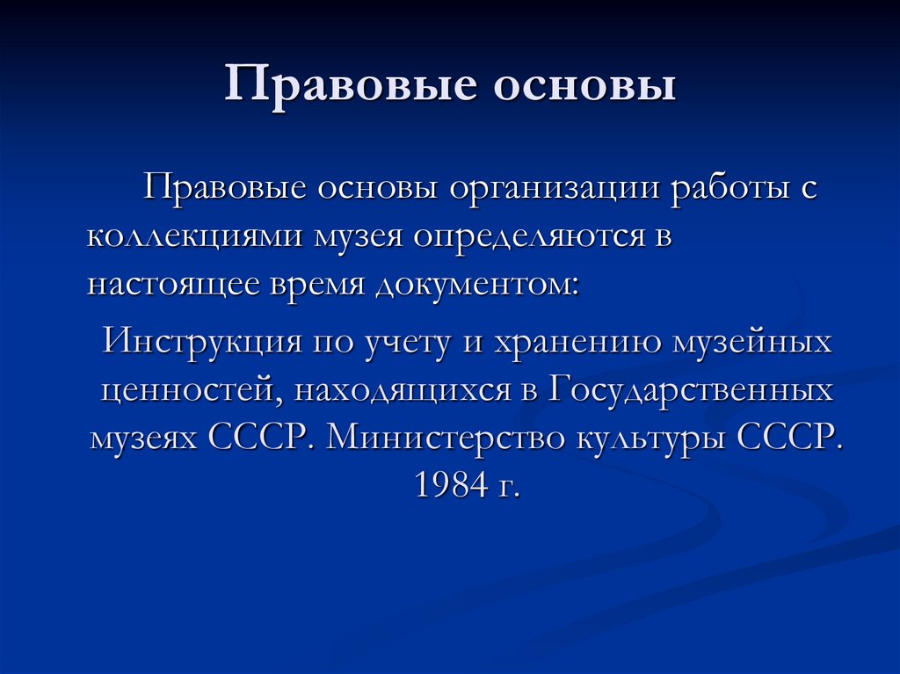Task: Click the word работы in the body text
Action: coord(731,191)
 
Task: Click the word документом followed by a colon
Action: coord(478,286)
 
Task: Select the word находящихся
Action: coord(403,390)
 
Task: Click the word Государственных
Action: coord(691,390)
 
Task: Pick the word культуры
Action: coord(651,438)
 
